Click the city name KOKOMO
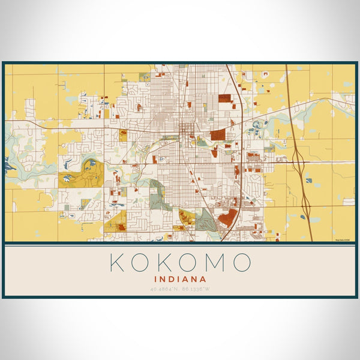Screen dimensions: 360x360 coord(180,263)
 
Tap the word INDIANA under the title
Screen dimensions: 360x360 coord(180,279)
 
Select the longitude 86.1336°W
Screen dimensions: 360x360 coord(196,289)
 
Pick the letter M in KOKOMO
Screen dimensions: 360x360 coord(213,263)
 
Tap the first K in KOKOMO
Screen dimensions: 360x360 coord(118,263)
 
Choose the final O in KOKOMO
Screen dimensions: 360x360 coord(241,263)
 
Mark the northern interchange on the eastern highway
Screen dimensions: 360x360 coord(298,158)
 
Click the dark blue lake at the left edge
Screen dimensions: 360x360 coord(7,161)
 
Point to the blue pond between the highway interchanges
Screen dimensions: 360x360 coord(308,179)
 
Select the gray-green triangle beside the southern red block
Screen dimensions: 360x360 coord(206,220)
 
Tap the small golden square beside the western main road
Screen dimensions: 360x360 coord(123,136)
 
